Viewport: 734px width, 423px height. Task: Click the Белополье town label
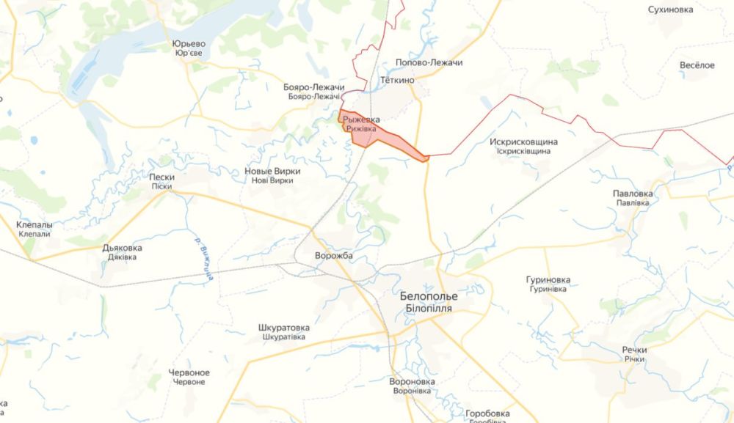point(429,296)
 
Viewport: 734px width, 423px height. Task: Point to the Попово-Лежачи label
point(429,63)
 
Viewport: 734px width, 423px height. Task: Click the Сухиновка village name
point(670,10)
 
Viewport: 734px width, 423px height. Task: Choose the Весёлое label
point(697,65)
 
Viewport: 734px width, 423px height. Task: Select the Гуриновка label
point(548,280)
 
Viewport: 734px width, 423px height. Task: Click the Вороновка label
point(412,382)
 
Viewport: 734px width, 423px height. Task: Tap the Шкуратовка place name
point(284,328)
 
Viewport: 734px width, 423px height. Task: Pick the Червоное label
point(189,372)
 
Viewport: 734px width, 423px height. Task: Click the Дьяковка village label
point(123,248)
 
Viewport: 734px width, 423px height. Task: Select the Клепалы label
point(34,224)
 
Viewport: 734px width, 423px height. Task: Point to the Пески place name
point(161,177)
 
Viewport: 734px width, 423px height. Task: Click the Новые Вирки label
point(272,171)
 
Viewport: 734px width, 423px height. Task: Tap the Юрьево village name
point(188,43)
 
